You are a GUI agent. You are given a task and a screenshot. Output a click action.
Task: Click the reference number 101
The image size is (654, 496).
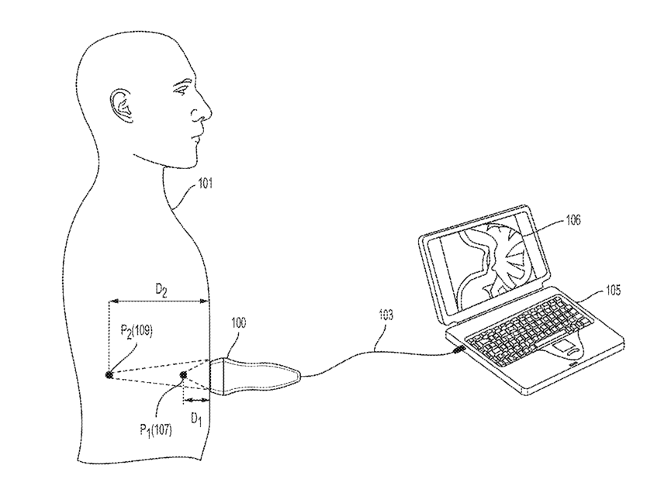tap(205, 184)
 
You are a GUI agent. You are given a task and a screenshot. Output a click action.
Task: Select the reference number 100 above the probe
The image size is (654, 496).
tap(238, 323)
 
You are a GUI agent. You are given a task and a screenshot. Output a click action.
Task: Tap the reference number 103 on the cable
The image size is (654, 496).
tap(386, 315)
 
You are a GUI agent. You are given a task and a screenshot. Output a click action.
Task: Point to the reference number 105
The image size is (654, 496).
tap(613, 290)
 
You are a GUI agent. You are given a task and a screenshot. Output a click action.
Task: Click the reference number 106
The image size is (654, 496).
tap(573, 219)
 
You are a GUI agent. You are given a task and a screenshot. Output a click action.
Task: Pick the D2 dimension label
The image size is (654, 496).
tap(161, 289)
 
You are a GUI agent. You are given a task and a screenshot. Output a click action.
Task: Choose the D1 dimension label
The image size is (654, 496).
tap(196, 418)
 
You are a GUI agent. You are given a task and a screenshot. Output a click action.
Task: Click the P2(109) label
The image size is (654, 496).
tap(137, 332)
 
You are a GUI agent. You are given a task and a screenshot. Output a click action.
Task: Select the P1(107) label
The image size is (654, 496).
tap(156, 429)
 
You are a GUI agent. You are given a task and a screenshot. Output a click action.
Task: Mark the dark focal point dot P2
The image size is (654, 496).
tap(109, 374)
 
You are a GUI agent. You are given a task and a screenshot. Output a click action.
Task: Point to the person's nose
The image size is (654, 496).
tap(203, 111)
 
